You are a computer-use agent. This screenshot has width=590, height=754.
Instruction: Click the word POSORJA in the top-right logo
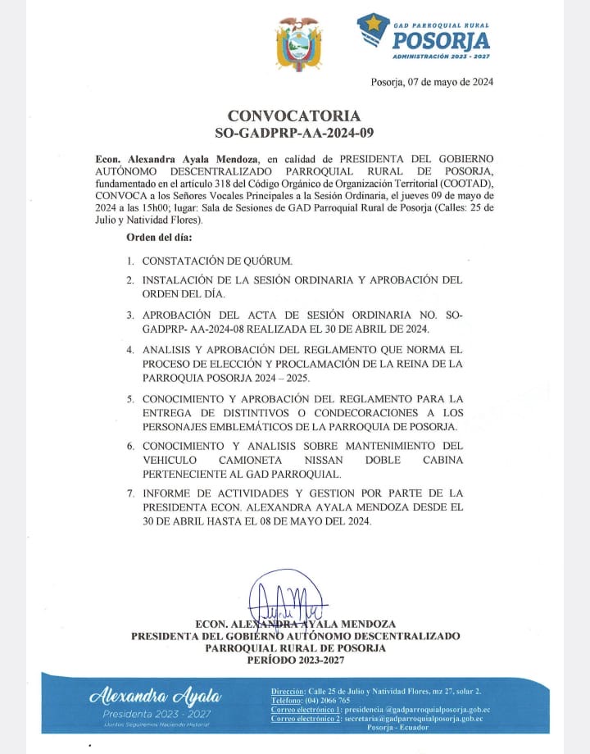point(440,39)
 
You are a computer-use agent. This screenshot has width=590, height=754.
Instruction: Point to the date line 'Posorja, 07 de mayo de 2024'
point(432,82)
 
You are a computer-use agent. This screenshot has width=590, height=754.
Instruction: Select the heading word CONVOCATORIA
point(293,116)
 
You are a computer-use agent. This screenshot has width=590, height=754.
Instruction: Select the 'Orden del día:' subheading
point(159,238)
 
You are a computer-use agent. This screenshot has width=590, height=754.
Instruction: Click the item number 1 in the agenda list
point(129,261)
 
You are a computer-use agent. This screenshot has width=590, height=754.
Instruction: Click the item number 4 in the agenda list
point(129,350)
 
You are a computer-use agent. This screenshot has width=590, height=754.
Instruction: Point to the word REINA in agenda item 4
point(402,363)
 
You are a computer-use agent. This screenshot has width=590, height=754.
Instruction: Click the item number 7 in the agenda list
point(129,494)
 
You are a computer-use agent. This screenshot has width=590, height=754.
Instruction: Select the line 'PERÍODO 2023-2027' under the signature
point(295,660)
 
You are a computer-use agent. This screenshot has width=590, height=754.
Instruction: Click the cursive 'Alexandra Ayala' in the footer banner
point(155,697)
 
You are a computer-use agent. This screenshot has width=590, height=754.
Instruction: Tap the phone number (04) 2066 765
point(329,701)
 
